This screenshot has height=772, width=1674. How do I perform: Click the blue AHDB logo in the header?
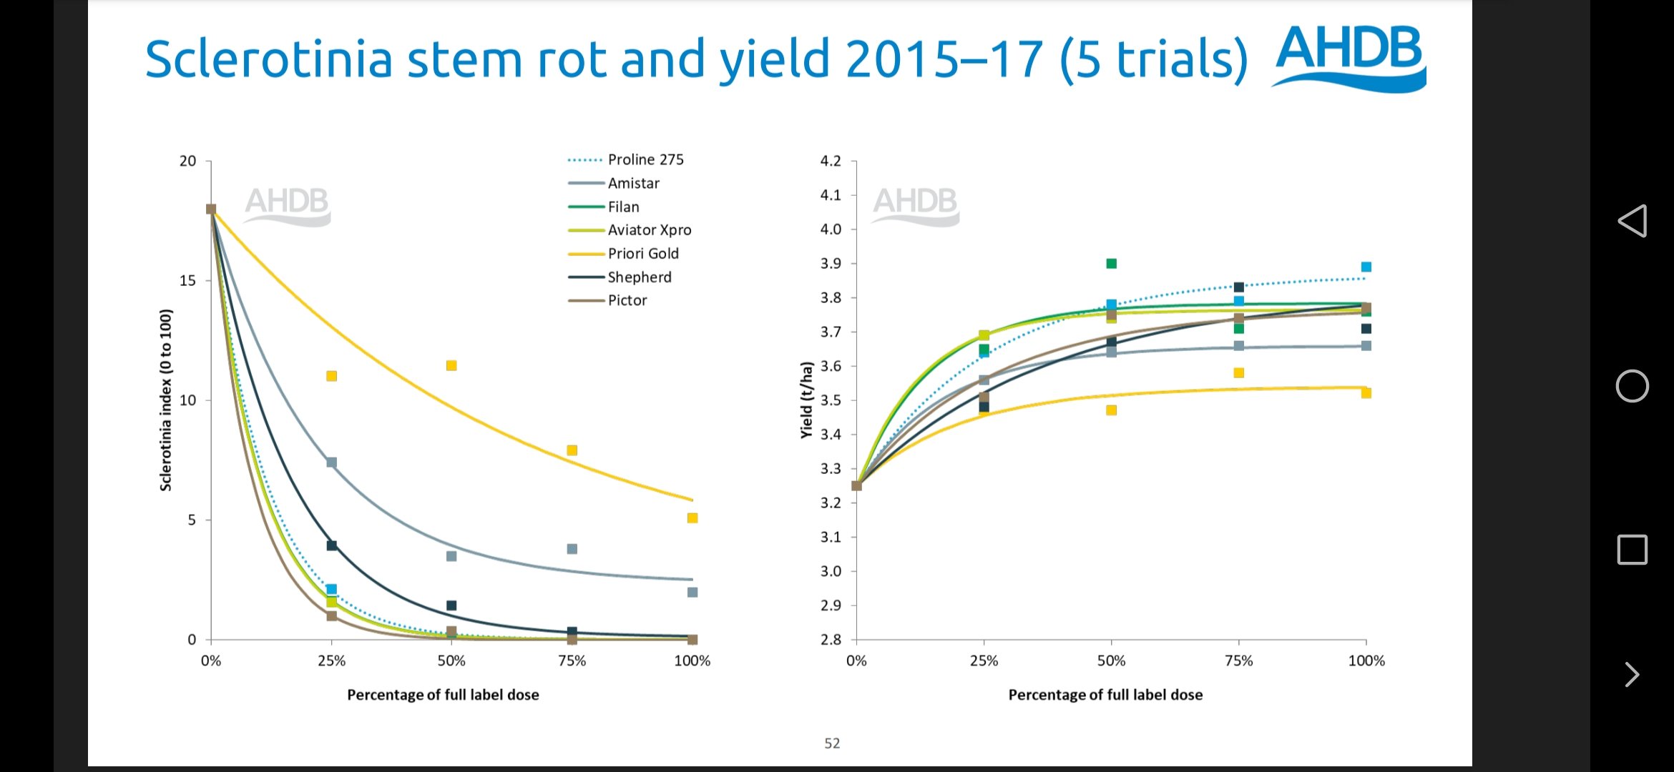click(x=1349, y=57)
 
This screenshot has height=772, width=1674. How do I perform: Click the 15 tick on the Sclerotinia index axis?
click(x=187, y=281)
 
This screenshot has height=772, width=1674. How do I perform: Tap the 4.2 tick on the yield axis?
click(x=831, y=161)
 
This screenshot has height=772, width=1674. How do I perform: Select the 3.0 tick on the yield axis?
click(x=831, y=571)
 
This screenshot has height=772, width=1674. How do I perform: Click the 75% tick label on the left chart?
click(x=572, y=661)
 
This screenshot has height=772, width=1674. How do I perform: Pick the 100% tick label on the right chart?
click(x=1366, y=661)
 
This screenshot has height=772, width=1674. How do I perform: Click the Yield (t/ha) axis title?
click(x=807, y=400)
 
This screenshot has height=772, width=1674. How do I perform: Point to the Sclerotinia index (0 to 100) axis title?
click(x=166, y=400)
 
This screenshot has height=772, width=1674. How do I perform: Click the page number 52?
click(x=832, y=743)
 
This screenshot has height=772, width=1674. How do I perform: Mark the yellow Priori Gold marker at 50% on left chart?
click(x=451, y=366)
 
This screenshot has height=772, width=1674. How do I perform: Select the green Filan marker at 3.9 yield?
click(x=1111, y=264)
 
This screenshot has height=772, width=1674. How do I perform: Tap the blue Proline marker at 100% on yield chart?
click(x=1366, y=267)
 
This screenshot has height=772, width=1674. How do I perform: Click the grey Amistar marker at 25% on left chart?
click(x=331, y=462)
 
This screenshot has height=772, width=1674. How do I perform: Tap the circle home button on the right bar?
click(x=1632, y=386)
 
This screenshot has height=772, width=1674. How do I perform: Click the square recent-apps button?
click(x=1632, y=550)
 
